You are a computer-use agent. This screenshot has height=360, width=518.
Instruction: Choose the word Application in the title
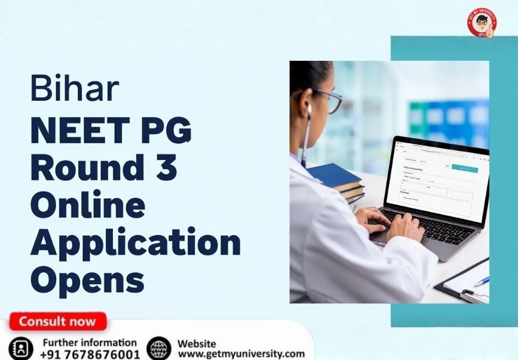[x=135, y=242]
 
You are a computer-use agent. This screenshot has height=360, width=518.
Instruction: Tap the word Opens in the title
[x=87, y=279]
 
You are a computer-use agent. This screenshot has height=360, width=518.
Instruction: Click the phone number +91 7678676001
[x=90, y=354]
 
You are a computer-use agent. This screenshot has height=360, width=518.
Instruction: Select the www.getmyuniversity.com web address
[x=241, y=354]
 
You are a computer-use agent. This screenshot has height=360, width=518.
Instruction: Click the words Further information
[x=90, y=343]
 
